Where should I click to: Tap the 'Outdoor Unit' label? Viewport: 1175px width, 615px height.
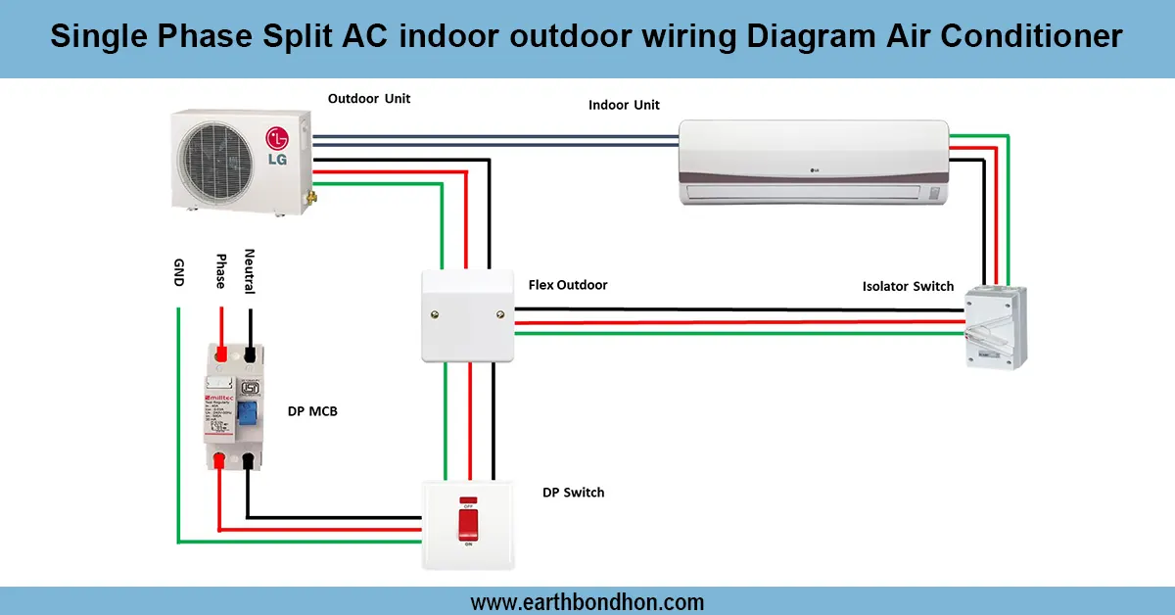[x=369, y=99]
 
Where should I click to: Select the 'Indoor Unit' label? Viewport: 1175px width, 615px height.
[x=624, y=105]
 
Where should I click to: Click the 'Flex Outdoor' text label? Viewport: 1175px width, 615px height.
[x=568, y=285]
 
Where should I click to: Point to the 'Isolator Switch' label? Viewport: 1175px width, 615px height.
[x=908, y=287]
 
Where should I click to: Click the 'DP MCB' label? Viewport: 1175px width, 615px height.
[x=313, y=411]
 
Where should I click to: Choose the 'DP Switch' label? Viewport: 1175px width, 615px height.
[x=574, y=492]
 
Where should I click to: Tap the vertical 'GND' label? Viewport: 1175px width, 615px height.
[x=178, y=273]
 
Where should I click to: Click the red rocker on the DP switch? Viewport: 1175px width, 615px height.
[x=468, y=524]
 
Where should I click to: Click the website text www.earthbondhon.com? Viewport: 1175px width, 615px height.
[x=587, y=601]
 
